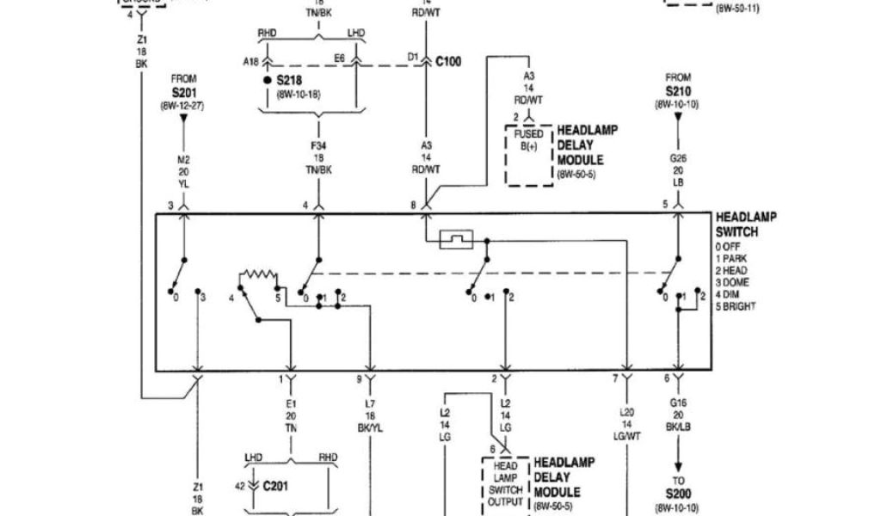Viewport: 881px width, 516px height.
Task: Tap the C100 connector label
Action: (x=448, y=62)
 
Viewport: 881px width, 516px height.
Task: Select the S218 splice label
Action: (x=289, y=80)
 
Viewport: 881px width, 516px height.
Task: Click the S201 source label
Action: (x=183, y=92)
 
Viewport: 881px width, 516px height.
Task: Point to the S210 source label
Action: (x=677, y=90)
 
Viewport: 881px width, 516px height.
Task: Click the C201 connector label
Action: (x=276, y=486)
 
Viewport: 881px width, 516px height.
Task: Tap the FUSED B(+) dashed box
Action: (x=528, y=156)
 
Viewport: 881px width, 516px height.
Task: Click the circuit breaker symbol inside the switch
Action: (x=455, y=239)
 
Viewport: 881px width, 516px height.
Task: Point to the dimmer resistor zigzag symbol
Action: (x=258, y=277)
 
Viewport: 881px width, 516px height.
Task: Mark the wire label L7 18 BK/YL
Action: (x=371, y=415)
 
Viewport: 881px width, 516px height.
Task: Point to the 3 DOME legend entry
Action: (x=733, y=283)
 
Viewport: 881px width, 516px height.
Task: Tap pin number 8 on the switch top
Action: (x=414, y=206)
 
